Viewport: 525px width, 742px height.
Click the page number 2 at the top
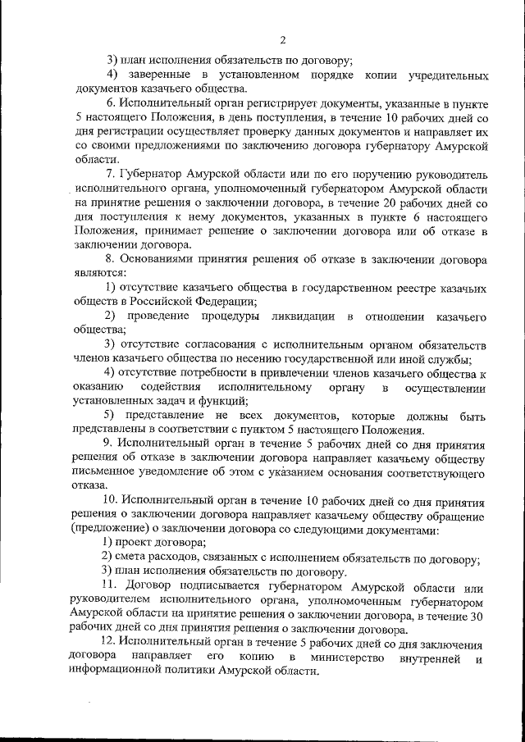(282, 39)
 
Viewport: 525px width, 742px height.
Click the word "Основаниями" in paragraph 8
(161, 259)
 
